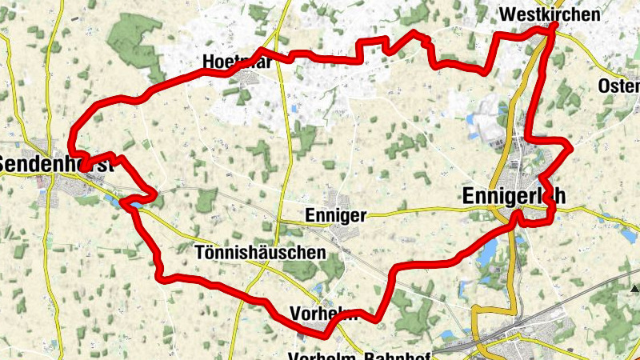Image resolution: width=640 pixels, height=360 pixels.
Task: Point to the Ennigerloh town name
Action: (x=514, y=195)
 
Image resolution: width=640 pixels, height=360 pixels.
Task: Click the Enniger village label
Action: (x=336, y=215)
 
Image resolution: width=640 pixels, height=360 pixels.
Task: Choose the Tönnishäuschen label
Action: (x=260, y=253)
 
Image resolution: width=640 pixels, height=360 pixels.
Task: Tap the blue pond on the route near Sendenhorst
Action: (x=133, y=205)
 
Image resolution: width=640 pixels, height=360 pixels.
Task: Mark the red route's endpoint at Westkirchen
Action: (x=554, y=26)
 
